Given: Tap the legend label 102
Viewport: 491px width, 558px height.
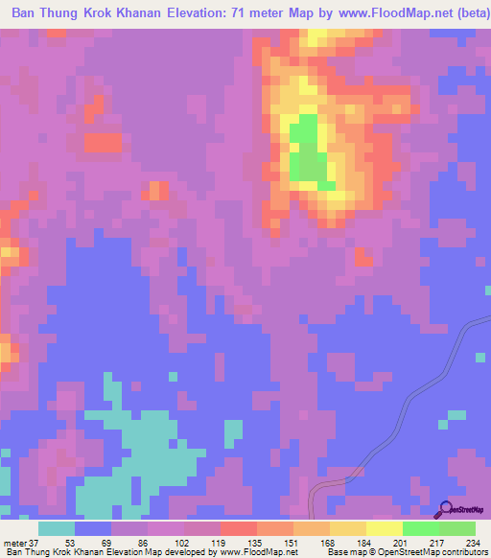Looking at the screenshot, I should [183, 543].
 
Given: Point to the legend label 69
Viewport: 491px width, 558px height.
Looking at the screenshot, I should [110, 543].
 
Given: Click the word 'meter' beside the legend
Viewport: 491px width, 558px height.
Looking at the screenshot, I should [15, 543].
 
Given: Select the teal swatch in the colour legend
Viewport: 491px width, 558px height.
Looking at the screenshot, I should [57, 528].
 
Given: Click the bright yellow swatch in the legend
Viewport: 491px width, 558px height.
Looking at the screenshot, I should [384, 528].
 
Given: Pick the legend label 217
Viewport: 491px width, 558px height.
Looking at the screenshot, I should [437, 543].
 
